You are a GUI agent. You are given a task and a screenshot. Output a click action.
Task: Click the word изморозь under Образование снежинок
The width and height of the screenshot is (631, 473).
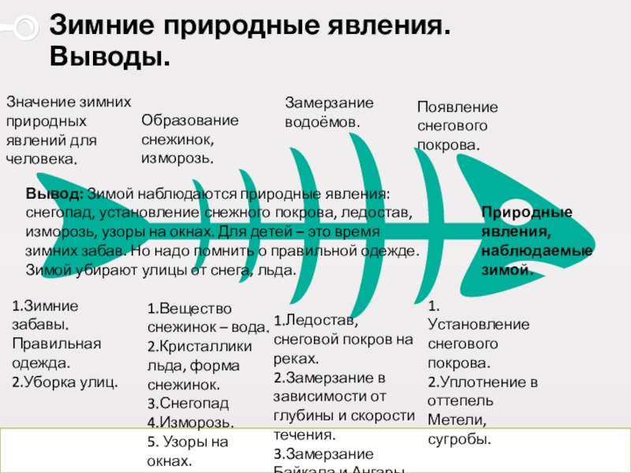coord(177,158)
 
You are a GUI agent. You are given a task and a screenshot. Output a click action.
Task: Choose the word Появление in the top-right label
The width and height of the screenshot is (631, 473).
coord(457,108)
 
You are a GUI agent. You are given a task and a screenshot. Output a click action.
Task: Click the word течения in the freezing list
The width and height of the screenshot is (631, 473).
coord(305,434)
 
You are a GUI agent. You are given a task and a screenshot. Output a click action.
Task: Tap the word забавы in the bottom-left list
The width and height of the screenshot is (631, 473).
coord(39,325)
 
